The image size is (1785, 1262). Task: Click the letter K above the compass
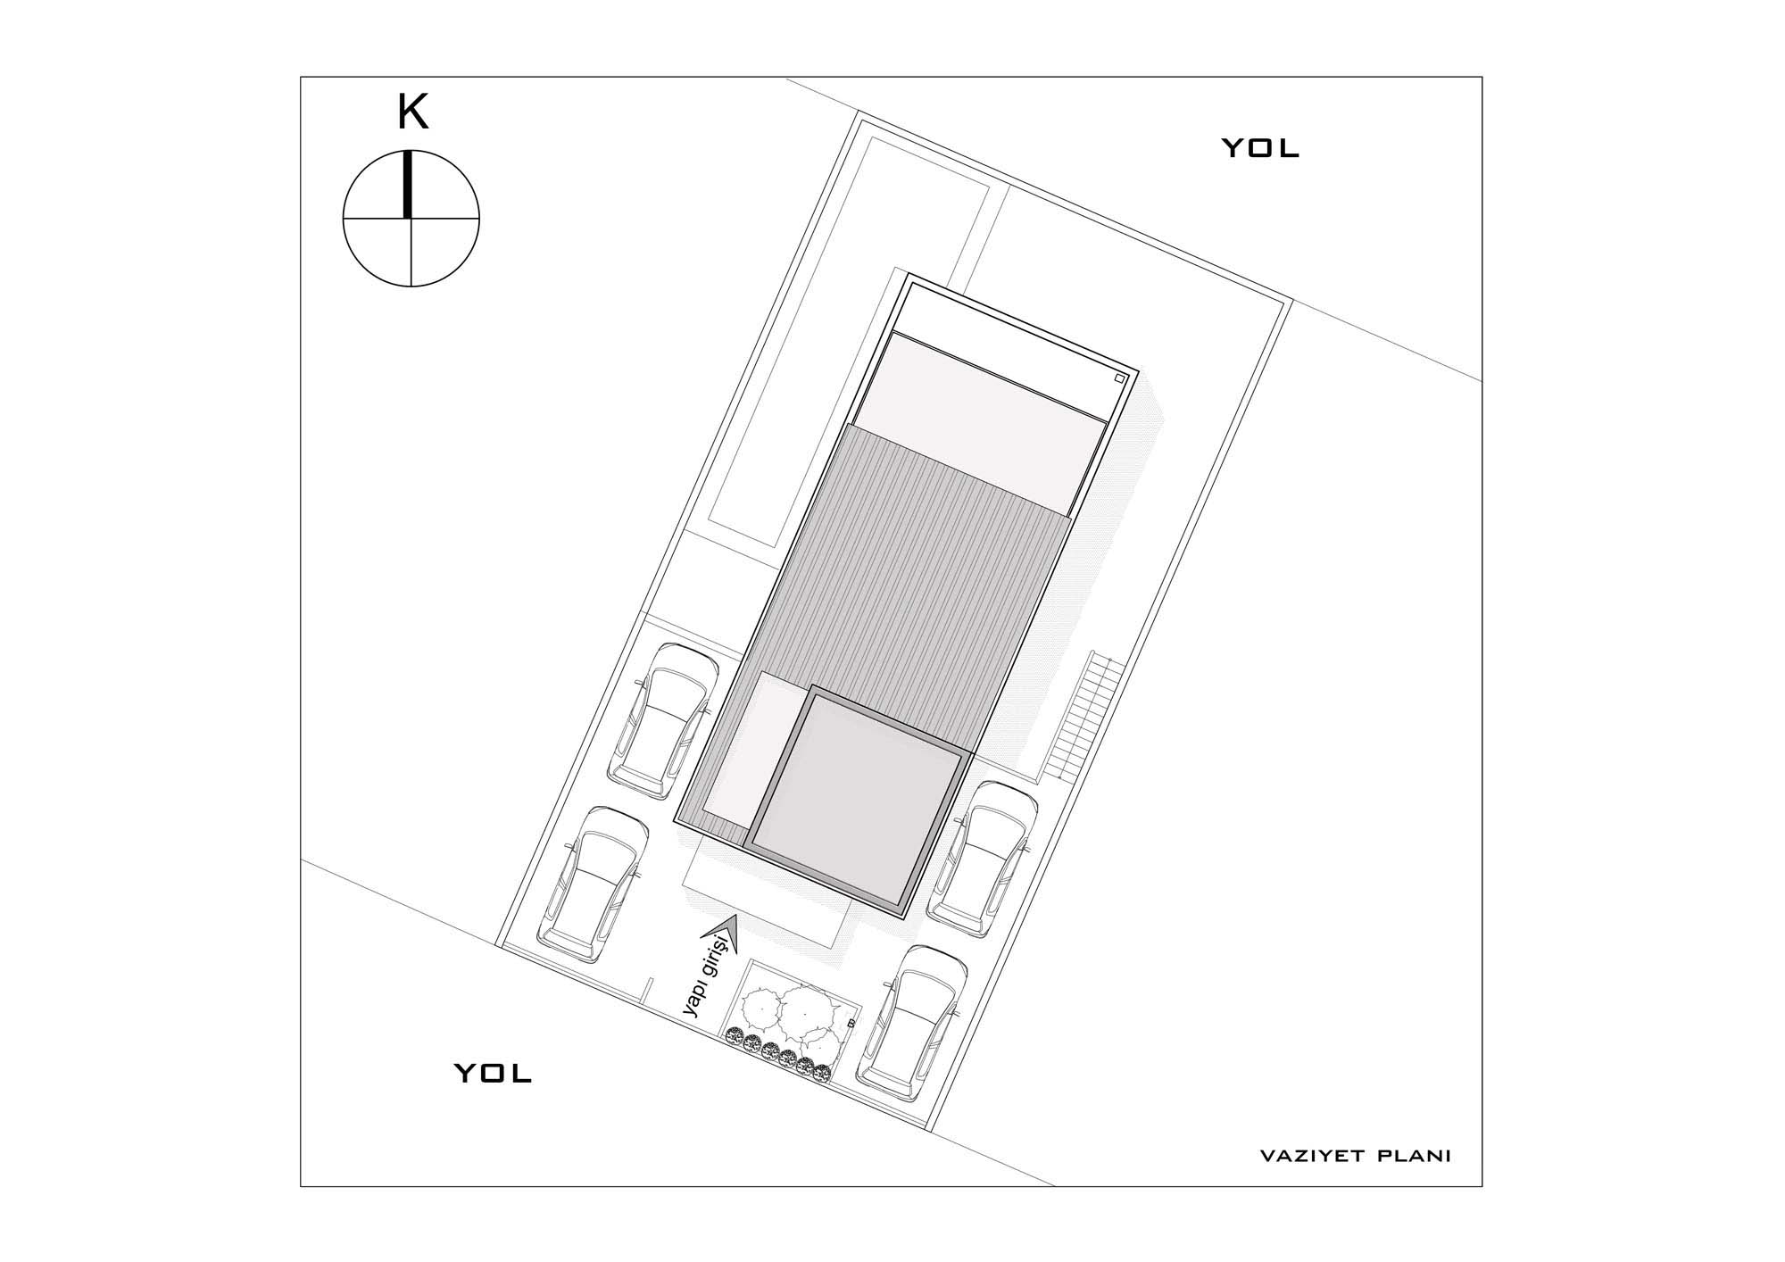[412, 113]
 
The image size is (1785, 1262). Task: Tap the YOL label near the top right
[1260, 148]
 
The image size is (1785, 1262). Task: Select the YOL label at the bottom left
[494, 1072]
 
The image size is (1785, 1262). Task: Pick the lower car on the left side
[593, 886]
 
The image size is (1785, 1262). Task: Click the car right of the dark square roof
[983, 859]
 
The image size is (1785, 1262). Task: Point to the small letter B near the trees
[851, 1023]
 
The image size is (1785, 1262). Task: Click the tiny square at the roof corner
[1120, 378]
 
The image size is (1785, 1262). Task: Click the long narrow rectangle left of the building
[848, 340]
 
